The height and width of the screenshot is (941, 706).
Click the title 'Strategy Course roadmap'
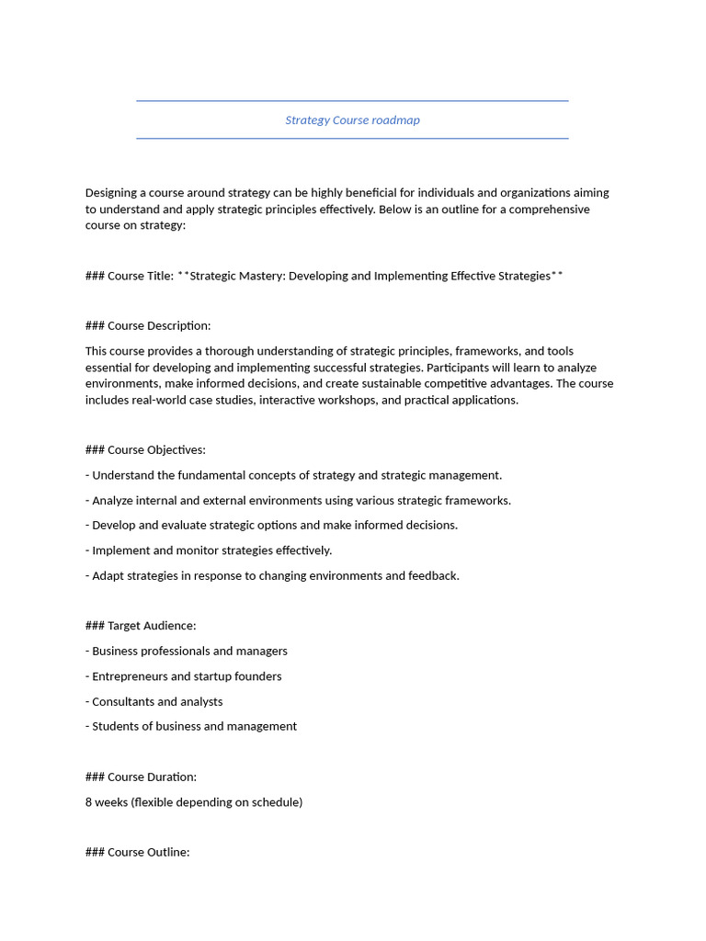coord(352,120)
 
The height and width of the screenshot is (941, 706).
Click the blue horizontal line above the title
coord(352,101)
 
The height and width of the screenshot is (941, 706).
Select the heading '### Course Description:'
coord(148,325)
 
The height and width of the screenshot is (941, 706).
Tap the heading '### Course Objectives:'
coord(145,450)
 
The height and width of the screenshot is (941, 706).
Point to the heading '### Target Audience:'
coord(141,626)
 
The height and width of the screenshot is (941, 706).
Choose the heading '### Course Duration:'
coord(141,777)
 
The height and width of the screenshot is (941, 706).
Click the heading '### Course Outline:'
coord(137,852)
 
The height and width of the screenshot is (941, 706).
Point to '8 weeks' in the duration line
coord(107,802)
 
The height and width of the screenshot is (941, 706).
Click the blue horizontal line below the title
coord(352,139)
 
